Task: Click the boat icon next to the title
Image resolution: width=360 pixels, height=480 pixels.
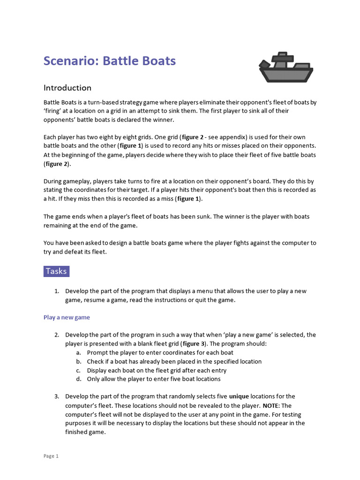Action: pos(285,67)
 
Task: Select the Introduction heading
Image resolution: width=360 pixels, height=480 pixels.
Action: pos(67,88)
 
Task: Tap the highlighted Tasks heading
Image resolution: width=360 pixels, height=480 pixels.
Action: pos(56,271)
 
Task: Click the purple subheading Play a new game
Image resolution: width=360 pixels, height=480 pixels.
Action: pos(67,317)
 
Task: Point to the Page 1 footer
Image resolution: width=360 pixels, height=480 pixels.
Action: pos(51,456)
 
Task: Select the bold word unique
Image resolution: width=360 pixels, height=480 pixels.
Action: pos(239,397)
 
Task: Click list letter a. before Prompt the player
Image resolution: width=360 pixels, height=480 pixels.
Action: pos(78,352)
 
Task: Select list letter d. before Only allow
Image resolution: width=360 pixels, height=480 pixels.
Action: pos(78,379)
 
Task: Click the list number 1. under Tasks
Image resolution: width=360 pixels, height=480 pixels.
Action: pos(57,291)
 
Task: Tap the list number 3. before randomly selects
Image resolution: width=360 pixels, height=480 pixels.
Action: pos(57,397)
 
